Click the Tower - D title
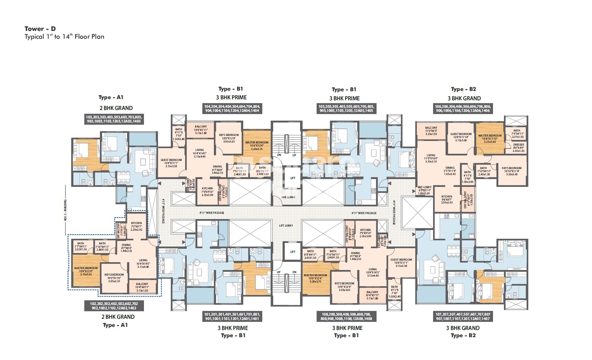[x=40, y=29]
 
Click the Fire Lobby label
[x=288, y=197]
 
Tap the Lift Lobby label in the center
[x=286, y=225]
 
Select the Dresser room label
[x=518, y=145]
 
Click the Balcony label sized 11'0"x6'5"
[x=431, y=128]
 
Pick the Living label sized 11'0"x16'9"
[x=431, y=155]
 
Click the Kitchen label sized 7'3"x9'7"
[x=136, y=223]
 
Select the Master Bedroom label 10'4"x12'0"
[x=86, y=268]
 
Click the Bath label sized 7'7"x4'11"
[x=81, y=243]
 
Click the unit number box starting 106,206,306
[x=462, y=108]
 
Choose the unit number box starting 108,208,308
[x=347, y=316]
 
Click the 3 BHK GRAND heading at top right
[x=464, y=98]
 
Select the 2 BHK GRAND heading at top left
[x=116, y=108]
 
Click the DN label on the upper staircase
[x=279, y=155]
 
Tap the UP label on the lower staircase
[x=279, y=272]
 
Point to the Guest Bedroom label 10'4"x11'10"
[x=461, y=134]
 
